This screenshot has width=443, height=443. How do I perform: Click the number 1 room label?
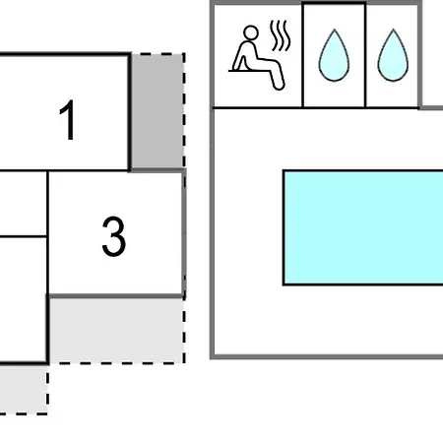point(68,120)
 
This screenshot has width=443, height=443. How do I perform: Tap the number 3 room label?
point(113,236)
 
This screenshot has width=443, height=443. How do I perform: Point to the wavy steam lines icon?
point(280,35)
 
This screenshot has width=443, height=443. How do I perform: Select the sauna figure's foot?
point(279,86)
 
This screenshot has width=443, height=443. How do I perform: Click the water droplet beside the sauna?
point(334,55)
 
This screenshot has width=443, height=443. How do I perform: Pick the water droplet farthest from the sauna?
point(393,55)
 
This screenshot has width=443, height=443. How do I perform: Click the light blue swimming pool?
point(363,227)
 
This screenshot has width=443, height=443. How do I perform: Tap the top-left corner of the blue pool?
point(284,170)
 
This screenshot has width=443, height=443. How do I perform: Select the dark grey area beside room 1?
point(158,111)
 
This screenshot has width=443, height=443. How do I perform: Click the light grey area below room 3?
point(116,331)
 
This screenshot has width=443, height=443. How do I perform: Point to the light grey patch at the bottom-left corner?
point(23,390)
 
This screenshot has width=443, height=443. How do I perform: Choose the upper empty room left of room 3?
point(23,204)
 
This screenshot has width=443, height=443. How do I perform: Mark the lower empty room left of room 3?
point(23,299)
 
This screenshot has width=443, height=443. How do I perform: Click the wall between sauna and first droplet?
point(302,55)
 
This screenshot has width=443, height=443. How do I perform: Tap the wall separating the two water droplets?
point(365,55)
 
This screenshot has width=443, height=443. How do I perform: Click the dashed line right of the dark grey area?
point(184,111)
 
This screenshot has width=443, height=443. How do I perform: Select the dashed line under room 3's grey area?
point(117,363)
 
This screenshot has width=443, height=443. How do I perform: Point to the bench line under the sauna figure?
point(246,71)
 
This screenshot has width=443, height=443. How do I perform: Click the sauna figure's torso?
point(249,51)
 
